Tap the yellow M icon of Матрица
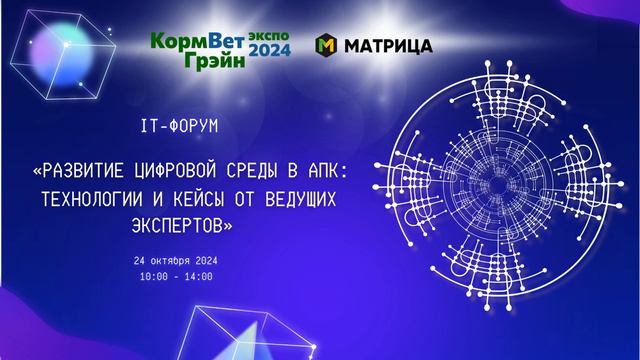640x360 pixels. coord(325,46)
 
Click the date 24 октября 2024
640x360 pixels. coord(175,260)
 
